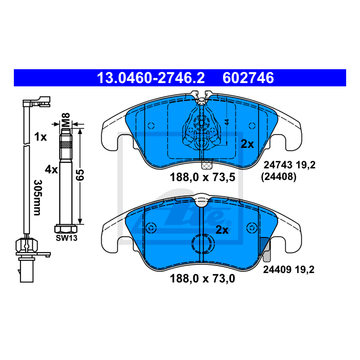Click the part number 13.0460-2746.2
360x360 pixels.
151,78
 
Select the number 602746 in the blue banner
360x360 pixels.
248,78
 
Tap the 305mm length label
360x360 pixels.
38,198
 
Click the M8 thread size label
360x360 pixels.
66,120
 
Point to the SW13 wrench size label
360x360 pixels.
66,238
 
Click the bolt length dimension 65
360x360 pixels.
80,175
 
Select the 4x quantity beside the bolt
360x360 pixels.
51,170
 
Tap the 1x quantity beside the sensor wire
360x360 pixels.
40,137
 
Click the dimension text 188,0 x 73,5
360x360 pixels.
203,177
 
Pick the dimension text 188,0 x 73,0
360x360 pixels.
203,279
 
